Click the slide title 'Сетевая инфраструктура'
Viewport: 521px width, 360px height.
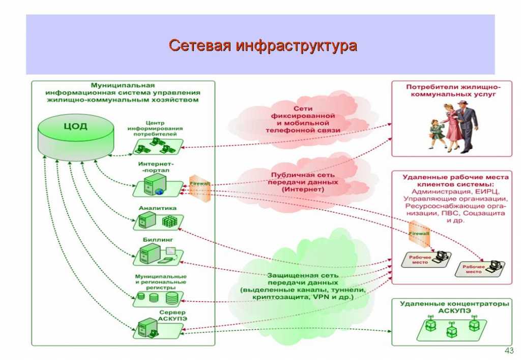coord(263,46)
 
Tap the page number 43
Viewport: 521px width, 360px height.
coord(507,350)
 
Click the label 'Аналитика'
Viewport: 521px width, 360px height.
coord(158,208)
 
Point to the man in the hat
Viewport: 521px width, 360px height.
coord(465,125)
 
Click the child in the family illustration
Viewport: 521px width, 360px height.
coord(437,133)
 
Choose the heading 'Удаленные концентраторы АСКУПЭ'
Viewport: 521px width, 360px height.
coord(453,307)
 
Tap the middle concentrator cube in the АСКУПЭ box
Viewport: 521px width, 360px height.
coord(451,331)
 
